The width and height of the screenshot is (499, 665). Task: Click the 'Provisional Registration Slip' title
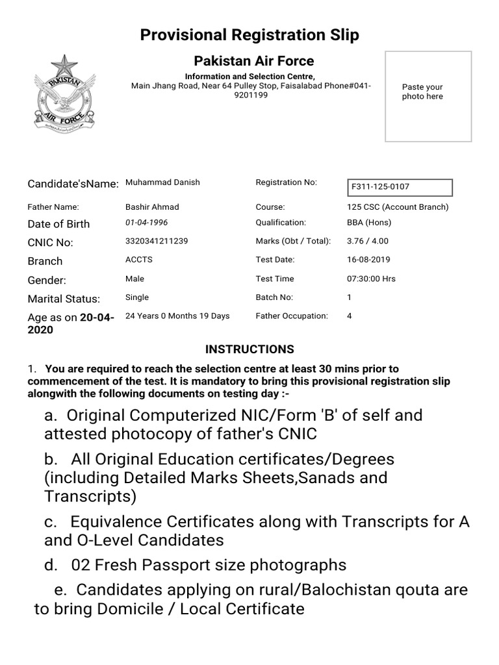(x=249, y=35)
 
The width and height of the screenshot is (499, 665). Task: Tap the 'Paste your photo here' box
(x=428, y=96)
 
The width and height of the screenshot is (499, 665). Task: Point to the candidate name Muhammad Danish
(x=162, y=182)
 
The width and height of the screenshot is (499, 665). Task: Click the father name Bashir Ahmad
(x=152, y=207)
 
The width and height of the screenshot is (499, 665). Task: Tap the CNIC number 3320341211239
(x=157, y=241)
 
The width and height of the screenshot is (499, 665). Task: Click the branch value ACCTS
(x=138, y=260)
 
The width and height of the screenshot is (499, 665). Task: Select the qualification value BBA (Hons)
(x=369, y=223)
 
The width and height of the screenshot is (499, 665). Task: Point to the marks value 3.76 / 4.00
(x=368, y=241)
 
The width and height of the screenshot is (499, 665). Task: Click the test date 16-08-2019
(x=368, y=260)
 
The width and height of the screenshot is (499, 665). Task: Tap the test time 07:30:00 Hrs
(x=371, y=279)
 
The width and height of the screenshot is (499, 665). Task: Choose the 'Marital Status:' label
(x=64, y=299)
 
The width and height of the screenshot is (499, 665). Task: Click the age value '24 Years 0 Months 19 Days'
(x=177, y=316)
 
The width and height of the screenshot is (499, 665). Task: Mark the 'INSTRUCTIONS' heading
(x=249, y=349)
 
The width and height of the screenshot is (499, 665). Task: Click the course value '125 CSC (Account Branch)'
(x=398, y=207)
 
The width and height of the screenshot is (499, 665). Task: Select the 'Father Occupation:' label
(x=292, y=316)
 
